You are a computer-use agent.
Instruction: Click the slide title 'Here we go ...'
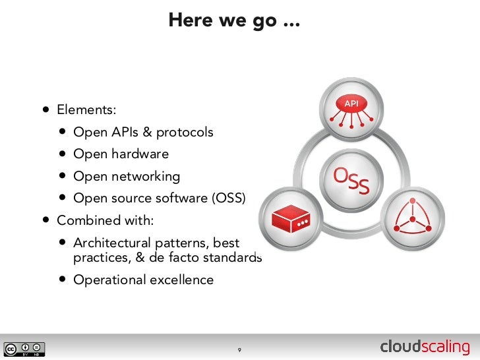coord(234,20)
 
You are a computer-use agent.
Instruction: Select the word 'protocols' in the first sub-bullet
coord(185,133)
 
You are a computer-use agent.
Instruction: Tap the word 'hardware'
coord(140,154)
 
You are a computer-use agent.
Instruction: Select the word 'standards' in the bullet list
coord(235,258)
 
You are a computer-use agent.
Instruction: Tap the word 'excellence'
coord(182,280)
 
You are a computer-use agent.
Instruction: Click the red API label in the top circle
coord(351,104)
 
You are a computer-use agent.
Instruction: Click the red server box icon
coord(291,216)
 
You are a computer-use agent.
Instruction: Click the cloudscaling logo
coord(425,347)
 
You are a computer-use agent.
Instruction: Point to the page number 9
coord(239,349)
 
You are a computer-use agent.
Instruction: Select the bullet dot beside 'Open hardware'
coord(61,154)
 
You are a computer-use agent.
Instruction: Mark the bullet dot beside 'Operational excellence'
coord(61,280)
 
